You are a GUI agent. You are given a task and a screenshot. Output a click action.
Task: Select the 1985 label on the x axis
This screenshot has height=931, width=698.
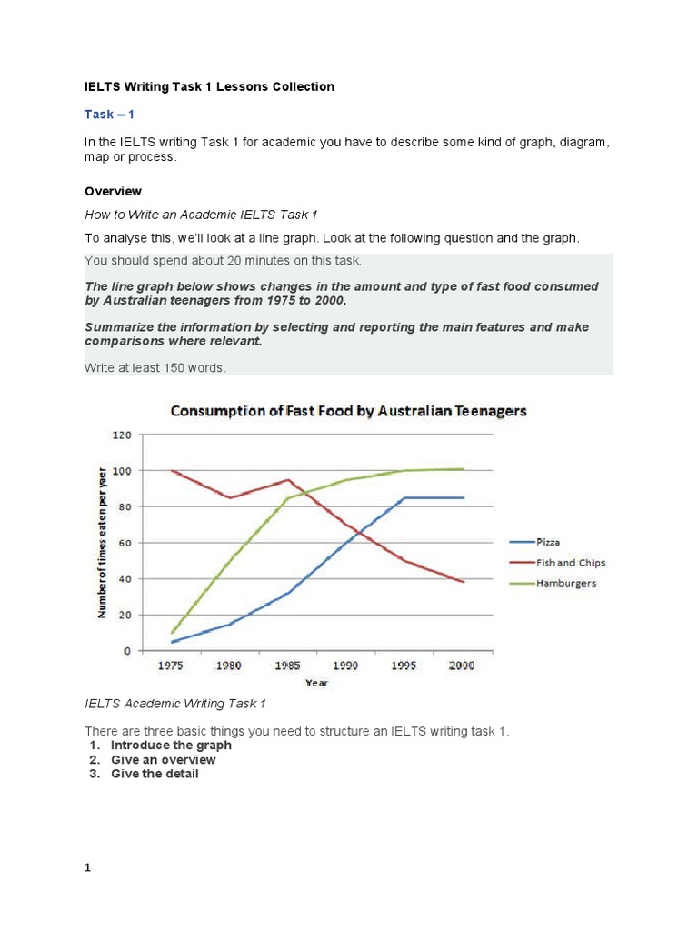(x=287, y=666)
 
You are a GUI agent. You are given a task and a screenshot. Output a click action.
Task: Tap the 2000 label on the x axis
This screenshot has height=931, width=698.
(x=463, y=666)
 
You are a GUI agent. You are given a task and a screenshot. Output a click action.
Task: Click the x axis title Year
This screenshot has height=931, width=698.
(x=317, y=682)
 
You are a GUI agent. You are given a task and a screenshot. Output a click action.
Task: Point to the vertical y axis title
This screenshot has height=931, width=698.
(x=103, y=542)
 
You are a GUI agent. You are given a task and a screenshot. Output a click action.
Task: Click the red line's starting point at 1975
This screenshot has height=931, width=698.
(x=171, y=471)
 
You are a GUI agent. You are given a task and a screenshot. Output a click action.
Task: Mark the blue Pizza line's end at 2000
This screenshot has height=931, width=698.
(x=464, y=497)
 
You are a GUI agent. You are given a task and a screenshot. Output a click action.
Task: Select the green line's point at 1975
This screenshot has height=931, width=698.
(x=171, y=633)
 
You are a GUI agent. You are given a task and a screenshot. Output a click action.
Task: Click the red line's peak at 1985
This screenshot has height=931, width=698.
(x=288, y=480)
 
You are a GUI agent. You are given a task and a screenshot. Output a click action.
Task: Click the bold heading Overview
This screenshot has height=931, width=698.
(x=113, y=192)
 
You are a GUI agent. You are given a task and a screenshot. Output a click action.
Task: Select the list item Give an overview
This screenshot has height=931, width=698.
(x=164, y=759)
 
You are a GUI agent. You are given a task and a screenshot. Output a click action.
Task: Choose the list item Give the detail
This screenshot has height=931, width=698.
(x=155, y=774)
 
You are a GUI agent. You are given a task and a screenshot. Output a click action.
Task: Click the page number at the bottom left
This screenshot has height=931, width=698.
(x=88, y=868)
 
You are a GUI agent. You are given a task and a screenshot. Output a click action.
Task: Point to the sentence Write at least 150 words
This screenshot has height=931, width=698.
(x=155, y=366)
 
